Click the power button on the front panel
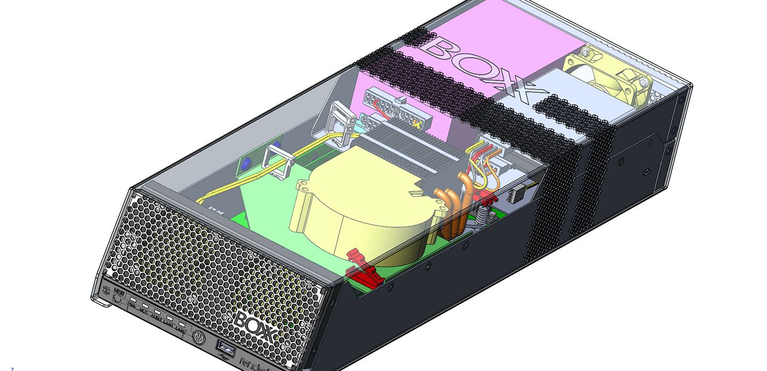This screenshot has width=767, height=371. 199,337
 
